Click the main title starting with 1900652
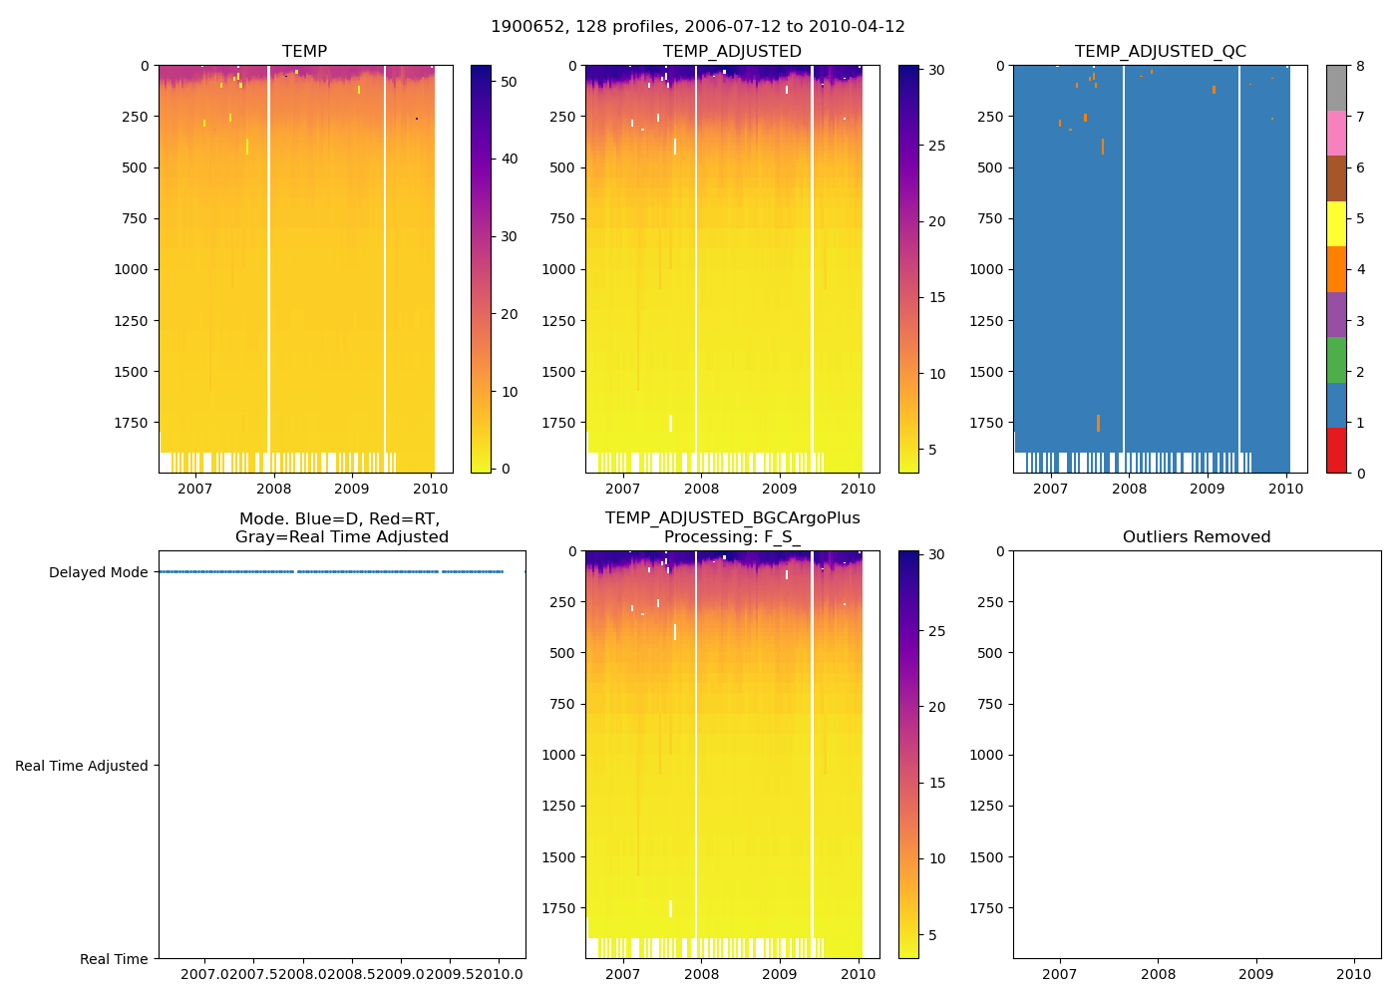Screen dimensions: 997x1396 point(697,27)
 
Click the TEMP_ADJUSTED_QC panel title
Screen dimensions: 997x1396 point(1160,52)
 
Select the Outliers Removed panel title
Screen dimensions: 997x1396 point(1196,537)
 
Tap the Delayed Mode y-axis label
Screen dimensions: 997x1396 point(98,572)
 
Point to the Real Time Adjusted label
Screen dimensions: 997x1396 point(81,766)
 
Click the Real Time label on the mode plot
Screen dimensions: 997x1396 point(114,959)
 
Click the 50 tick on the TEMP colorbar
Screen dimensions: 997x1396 point(509,82)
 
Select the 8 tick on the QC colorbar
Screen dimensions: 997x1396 point(1360,66)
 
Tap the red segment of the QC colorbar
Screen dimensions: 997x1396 point(1336,450)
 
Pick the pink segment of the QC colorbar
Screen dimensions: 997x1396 point(1336,133)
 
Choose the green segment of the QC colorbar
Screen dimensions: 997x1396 point(1336,359)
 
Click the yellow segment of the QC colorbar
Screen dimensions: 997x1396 point(1336,223)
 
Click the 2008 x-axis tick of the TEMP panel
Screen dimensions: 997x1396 point(273,489)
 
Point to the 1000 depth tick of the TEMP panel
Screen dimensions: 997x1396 point(131,269)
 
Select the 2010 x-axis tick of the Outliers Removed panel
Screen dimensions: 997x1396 point(1353,974)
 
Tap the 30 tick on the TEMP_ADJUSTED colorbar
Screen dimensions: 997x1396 point(936,70)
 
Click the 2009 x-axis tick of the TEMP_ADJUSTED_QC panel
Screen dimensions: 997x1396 point(1207,489)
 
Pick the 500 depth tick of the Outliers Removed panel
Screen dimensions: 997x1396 point(988,653)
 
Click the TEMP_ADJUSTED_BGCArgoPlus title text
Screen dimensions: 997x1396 point(732,518)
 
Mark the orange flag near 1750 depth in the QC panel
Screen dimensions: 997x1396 point(1098,423)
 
